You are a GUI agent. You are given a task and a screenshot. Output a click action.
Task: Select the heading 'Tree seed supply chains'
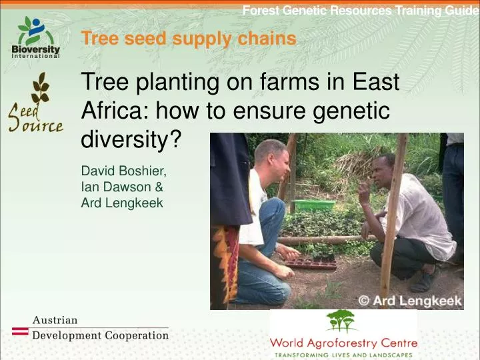coord(188,39)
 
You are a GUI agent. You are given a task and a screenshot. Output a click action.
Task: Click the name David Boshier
coord(119,172)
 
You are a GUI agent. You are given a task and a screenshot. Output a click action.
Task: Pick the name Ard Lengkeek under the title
coord(121,203)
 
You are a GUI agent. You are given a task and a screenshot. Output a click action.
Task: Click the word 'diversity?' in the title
coord(131,139)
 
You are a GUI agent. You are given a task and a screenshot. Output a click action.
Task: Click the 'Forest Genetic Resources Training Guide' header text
coord(360,10)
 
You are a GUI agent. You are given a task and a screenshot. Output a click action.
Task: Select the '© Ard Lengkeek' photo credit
coord(410,301)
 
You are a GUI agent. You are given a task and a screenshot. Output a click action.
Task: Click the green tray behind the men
coord(315,205)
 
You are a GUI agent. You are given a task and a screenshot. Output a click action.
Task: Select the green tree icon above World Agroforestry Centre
coord(342,321)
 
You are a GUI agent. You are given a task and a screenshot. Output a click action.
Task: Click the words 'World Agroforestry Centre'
coord(343,343)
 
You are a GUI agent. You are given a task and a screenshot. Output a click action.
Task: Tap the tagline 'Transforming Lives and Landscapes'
coord(343,354)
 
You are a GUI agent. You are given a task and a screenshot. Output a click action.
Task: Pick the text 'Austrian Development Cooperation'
coord(100,328)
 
